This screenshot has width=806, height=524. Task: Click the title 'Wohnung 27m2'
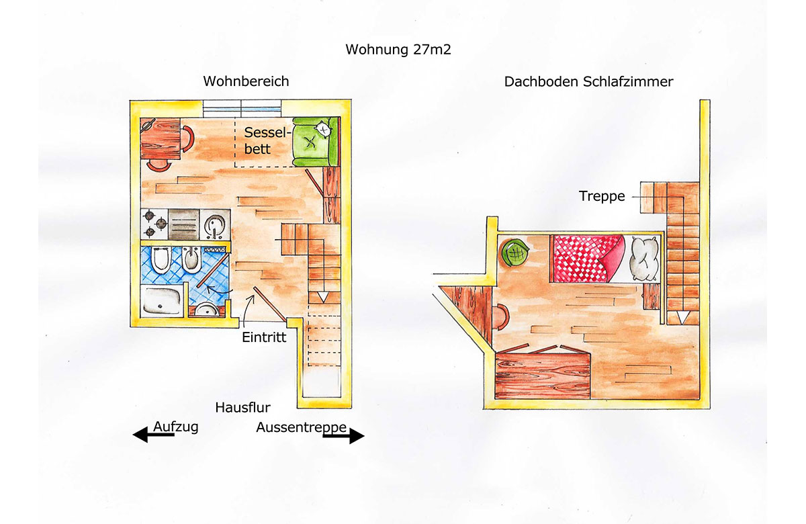click(x=398, y=49)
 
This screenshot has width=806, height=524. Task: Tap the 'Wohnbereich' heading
click(x=246, y=81)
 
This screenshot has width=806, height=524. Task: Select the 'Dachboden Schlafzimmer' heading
click(x=588, y=82)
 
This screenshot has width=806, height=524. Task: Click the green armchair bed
click(x=316, y=142)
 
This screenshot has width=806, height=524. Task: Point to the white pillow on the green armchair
click(x=322, y=129)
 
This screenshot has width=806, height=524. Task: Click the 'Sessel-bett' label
click(x=267, y=140)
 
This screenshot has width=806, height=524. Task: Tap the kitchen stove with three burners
click(x=154, y=224)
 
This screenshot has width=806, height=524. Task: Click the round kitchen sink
click(x=215, y=224)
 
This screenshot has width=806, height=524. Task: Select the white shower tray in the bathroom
click(x=162, y=301)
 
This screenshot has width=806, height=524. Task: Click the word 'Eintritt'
click(x=264, y=337)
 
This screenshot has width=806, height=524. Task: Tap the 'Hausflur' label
click(x=243, y=407)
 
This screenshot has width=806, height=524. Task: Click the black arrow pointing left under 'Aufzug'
click(x=154, y=435)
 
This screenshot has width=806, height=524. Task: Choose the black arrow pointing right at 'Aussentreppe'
click(x=344, y=436)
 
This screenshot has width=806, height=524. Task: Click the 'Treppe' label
click(x=602, y=196)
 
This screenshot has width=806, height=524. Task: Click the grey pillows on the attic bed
click(x=644, y=259)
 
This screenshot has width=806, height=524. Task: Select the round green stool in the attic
click(x=516, y=253)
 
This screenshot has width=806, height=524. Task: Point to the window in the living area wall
click(x=242, y=108)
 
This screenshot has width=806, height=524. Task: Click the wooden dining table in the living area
click(x=161, y=138)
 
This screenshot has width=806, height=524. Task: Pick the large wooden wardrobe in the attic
click(x=542, y=376)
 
